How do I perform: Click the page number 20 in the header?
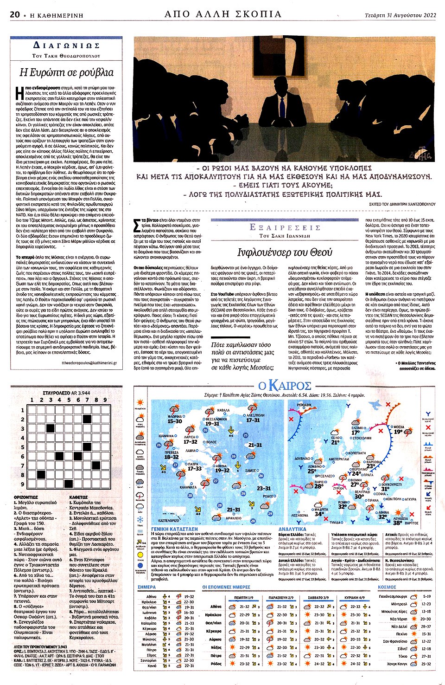click(x=15, y=15)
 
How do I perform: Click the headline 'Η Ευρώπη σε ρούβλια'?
click(x=66, y=73)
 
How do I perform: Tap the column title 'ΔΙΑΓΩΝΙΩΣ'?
click(x=66, y=45)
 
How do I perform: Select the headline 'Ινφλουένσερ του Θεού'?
click(x=285, y=252)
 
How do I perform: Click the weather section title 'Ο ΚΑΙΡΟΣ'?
click(x=285, y=386)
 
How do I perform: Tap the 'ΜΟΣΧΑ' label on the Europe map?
click(x=399, y=427)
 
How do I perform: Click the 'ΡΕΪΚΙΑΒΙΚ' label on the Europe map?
click(x=304, y=405)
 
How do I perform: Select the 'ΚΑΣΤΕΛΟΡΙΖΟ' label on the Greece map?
click(x=169, y=521)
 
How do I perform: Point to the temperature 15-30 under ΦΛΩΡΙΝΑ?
click(x=175, y=421)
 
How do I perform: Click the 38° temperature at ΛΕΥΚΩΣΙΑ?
click(x=397, y=523)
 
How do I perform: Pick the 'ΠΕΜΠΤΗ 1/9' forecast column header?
click(x=244, y=597)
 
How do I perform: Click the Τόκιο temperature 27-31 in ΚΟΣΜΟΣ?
click(x=426, y=656)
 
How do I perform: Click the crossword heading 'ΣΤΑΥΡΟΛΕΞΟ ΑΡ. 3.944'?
click(x=66, y=393)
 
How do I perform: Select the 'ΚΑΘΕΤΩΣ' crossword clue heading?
click(x=78, y=498)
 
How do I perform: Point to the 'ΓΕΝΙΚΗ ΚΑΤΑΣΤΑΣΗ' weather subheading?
click(x=174, y=529)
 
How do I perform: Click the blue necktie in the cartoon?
click(x=280, y=111)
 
